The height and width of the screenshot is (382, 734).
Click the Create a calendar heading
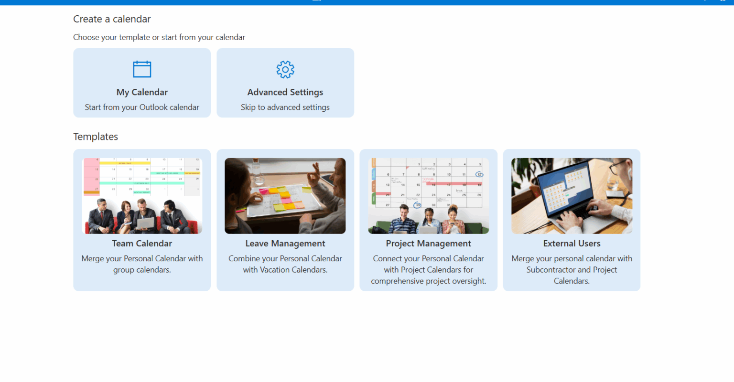click(112, 19)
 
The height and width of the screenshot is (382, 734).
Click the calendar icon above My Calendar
click(142, 69)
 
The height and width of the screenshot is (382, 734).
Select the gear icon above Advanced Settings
click(285, 70)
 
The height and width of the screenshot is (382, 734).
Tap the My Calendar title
click(142, 92)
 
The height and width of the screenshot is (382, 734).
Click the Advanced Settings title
click(285, 92)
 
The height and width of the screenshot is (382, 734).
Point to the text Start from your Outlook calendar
click(142, 107)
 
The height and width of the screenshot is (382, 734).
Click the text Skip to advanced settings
click(285, 107)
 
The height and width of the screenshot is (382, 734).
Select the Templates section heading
click(96, 137)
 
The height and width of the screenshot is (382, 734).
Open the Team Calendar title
click(142, 244)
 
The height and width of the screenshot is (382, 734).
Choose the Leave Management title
click(285, 244)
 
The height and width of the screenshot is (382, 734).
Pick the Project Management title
click(429, 244)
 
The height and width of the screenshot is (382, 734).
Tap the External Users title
click(572, 244)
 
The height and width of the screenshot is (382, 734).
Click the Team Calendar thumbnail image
click(142, 196)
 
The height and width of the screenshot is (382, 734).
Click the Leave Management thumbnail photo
click(285, 196)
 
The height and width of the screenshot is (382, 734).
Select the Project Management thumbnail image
click(429, 196)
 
